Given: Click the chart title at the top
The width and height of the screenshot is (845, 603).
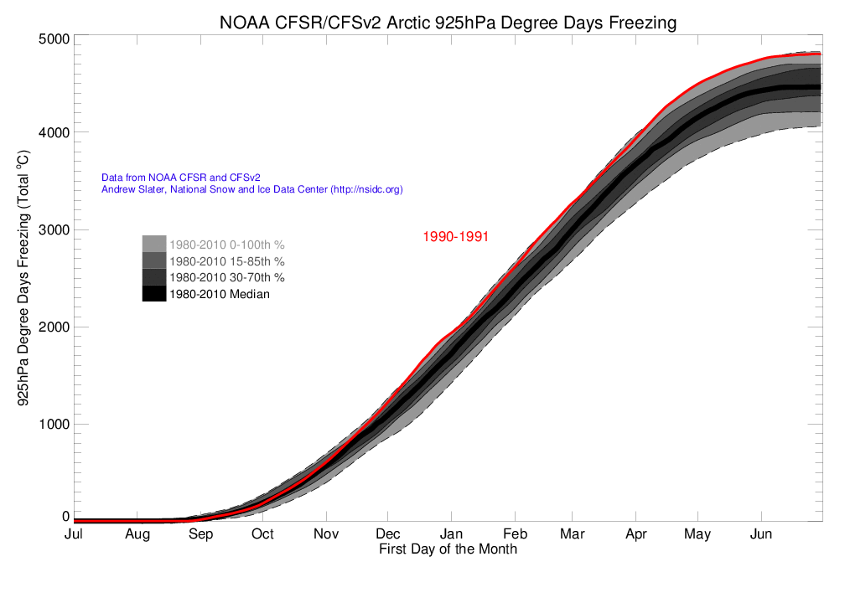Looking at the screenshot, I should coord(447,23).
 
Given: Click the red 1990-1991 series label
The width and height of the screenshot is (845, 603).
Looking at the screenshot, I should coord(455,237).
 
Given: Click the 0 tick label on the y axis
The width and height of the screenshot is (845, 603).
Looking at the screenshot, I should coord(64,517).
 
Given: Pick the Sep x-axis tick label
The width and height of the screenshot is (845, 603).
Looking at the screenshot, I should coord(200,534).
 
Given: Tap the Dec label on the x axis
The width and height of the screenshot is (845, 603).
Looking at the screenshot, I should coord(387,534).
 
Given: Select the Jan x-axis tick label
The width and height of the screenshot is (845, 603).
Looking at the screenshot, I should coord(451,534).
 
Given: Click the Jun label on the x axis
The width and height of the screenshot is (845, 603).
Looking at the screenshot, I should coord(760,534).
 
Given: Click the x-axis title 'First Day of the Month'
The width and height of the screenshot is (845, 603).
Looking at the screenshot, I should coord(448,549).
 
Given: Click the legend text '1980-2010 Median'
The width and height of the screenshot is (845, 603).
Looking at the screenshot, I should coord(220,294).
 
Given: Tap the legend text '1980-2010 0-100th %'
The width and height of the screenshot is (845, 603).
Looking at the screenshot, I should coord(226,245).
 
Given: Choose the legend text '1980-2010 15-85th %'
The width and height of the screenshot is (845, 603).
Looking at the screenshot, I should coord(227,261).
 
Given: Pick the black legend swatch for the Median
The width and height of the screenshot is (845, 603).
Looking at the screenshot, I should coord(153,294).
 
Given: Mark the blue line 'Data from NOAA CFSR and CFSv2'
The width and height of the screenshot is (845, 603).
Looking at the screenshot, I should coord(180,178).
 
